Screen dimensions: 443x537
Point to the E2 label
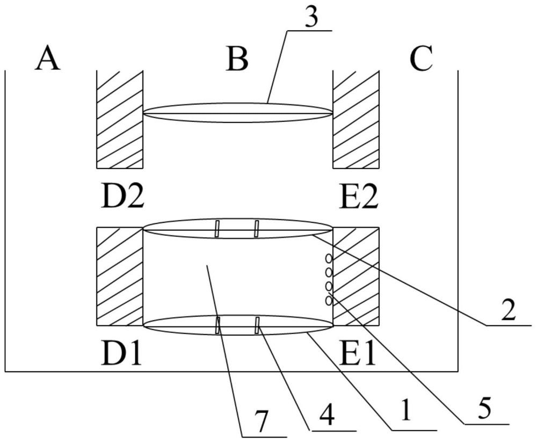pyautogui.click(x=359, y=197)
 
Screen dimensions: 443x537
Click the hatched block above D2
pyautogui.click(x=119, y=119)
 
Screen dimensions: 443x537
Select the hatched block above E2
pyautogui.click(x=356, y=119)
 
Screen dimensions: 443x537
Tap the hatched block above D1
pyautogui.click(x=119, y=277)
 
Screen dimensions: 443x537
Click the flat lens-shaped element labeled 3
pyautogui.click(x=237, y=113)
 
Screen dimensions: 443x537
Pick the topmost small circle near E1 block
pyautogui.click(x=329, y=260)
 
